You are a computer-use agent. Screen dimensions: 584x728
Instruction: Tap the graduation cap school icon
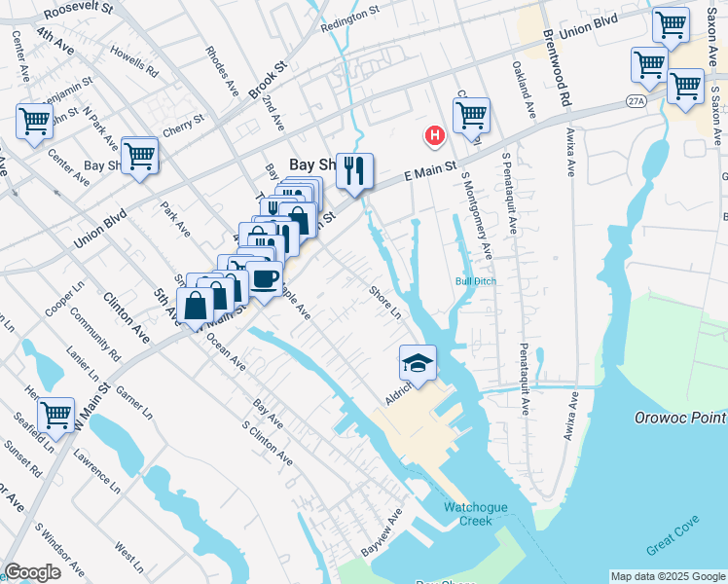418,363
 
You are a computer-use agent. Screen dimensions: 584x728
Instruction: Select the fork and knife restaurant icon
355,171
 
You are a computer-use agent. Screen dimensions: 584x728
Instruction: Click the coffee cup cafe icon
264,277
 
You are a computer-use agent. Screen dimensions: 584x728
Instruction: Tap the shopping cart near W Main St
55,414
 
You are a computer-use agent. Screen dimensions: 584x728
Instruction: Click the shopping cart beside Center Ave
34,122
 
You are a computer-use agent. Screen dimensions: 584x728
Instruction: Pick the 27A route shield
636,100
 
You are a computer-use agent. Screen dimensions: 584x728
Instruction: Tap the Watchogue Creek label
468,514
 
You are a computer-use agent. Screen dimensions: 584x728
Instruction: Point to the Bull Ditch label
475,282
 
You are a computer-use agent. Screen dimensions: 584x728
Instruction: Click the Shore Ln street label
384,301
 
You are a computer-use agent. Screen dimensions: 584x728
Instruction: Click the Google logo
33,573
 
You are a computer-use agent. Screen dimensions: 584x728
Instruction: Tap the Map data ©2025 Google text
667,576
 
